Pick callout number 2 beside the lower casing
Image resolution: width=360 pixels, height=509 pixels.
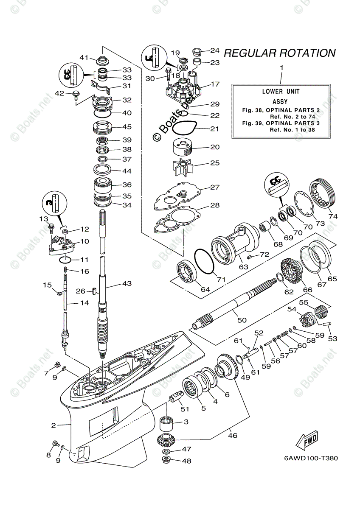tap(54, 425)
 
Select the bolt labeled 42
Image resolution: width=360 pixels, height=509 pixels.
tap(76, 95)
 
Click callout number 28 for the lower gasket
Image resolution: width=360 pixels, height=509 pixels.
tap(215, 205)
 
